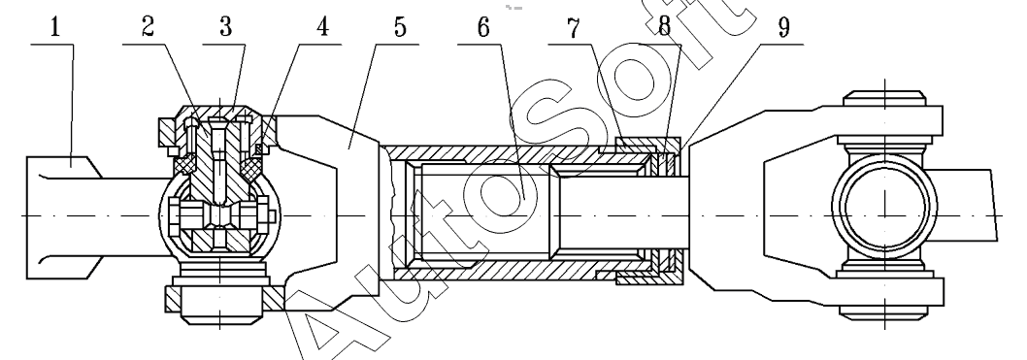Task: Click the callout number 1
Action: [x=55, y=27]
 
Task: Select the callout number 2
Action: [x=148, y=27]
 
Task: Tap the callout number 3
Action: [x=226, y=27]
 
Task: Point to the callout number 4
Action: [x=321, y=27]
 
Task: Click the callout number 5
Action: [x=400, y=27]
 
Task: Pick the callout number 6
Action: [x=482, y=27]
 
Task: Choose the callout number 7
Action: [x=574, y=27]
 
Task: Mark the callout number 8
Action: [x=665, y=27]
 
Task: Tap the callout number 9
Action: [x=783, y=27]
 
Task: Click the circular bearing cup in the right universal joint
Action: [x=885, y=207]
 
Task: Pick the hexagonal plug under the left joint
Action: [x=218, y=306]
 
